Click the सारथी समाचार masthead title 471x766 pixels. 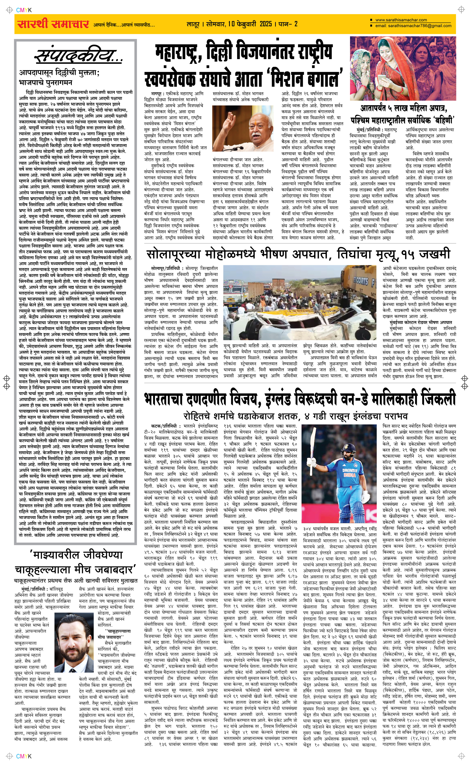click(x=53, y=24)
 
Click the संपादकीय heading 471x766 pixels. click(x=78, y=56)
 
